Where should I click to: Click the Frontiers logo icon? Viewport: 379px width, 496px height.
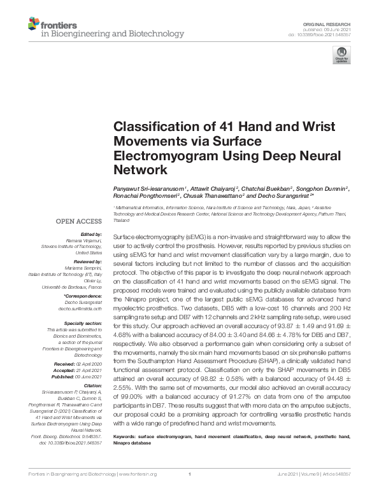pyautogui.click(x=34, y=25)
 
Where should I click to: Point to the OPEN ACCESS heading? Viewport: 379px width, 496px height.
pyautogui.click(x=80, y=221)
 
